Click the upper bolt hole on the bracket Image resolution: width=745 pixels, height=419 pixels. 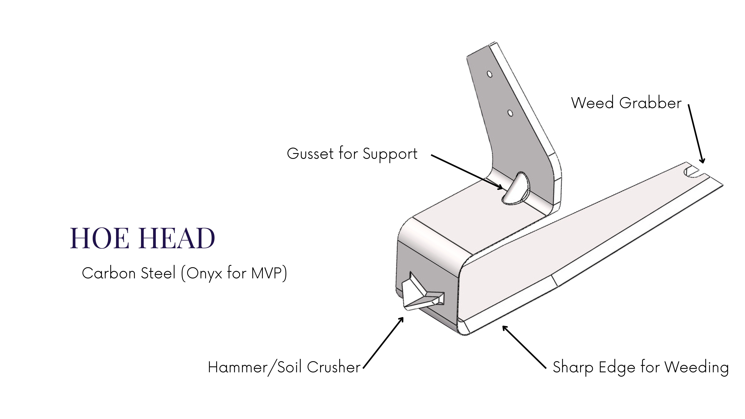tap(489, 74)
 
